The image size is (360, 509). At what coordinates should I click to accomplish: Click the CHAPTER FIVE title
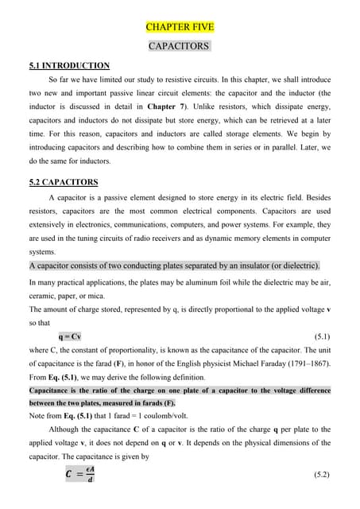[180, 27]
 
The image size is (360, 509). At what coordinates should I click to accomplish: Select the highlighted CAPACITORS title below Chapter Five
[180, 47]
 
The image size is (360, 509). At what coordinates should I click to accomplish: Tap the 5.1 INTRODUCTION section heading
[69, 65]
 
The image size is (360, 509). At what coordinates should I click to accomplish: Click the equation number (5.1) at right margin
[322, 336]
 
